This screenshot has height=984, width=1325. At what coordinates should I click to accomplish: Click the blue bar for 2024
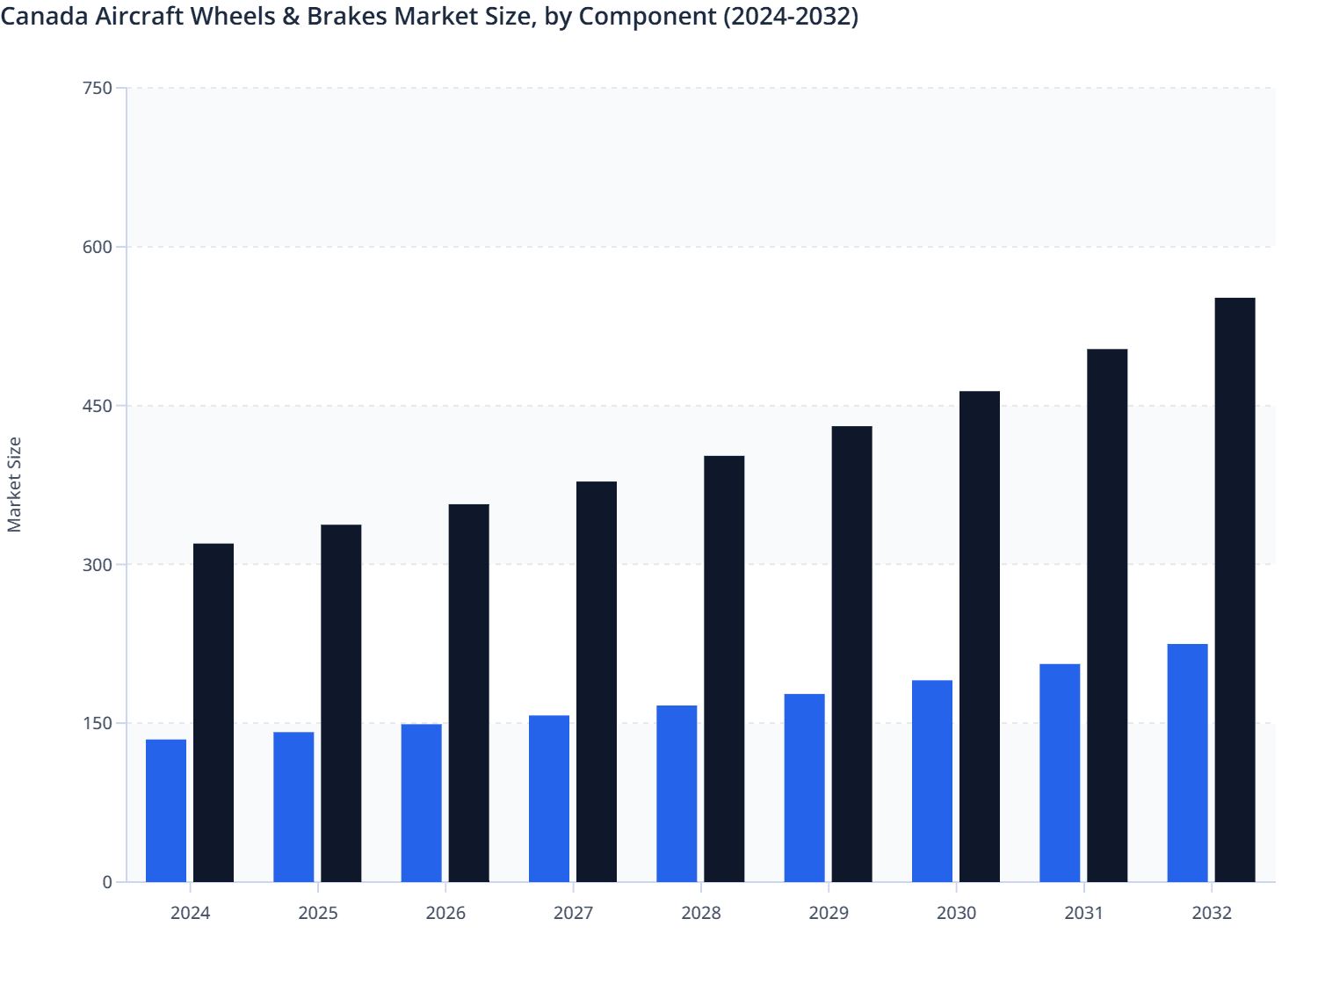(x=166, y=810)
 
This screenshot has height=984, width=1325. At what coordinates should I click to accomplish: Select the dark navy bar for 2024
(x=214, y=713)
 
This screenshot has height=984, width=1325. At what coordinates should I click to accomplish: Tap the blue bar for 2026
(x=422, y=802)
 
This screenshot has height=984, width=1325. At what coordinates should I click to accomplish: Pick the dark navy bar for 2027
(x=597, y=681)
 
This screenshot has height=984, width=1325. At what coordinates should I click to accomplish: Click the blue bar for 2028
(x=677, y=793)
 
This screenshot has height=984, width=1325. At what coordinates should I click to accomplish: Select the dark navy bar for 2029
(x=852, y=654)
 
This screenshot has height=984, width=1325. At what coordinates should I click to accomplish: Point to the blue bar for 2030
(x=932, y=781)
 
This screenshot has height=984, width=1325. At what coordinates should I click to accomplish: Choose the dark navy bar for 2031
(x=1107, y=615)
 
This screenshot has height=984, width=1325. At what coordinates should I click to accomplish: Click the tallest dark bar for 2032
(x=1234, y=590)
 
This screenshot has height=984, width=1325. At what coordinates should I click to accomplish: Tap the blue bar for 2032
(x=1187, y=763)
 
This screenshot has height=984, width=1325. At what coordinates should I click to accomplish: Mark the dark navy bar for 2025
(x=341, y=703)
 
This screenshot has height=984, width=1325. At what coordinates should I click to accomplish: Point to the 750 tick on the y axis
(x=98, y=88)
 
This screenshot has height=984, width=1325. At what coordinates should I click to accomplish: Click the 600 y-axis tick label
(x=98, y=247)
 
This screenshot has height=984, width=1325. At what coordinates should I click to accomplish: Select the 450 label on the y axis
(x=98, y=406)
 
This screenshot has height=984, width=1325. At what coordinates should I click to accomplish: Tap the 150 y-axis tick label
(x=98, y=723)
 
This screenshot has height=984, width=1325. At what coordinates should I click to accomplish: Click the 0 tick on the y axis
(x=107, y=882)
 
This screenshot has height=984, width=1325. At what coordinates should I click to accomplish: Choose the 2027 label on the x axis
(x=573, y=913)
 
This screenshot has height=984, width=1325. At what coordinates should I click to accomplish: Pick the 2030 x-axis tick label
(x=956, y=913)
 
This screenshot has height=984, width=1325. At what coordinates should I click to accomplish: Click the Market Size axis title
(x=15, y=484)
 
